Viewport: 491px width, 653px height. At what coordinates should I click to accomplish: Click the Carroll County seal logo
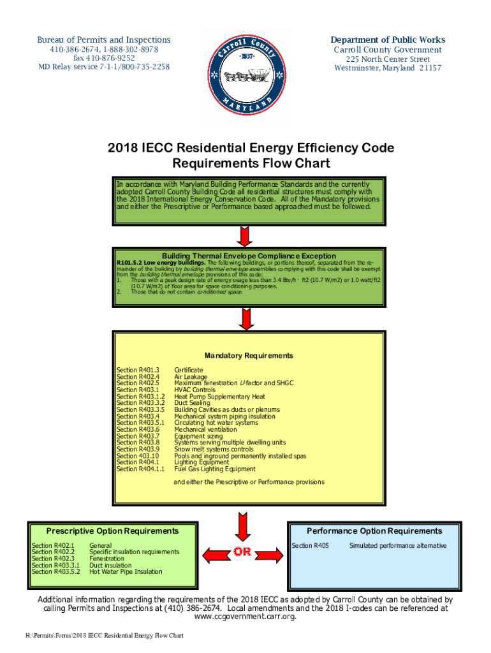click(245, 68)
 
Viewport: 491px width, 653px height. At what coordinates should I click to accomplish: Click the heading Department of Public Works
click(388, 40)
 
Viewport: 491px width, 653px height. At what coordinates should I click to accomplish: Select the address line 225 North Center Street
click(388, 59)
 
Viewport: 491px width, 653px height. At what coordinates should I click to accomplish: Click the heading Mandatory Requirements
click(248, 356)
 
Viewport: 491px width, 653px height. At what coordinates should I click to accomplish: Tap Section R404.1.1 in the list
click(140, 469)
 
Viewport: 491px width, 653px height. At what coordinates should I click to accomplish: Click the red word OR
click(242, 552)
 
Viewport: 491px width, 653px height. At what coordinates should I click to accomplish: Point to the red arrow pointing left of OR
click(213, 552)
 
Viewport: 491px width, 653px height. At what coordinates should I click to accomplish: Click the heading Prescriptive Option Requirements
click(112, 531)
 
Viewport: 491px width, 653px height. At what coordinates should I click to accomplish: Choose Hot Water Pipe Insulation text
click(126, 572)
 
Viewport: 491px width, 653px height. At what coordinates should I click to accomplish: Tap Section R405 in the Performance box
click(310, 546)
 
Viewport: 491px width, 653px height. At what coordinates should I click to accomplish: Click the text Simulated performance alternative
click(397, 546)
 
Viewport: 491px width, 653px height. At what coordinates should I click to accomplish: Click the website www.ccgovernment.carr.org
click(245, 617)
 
